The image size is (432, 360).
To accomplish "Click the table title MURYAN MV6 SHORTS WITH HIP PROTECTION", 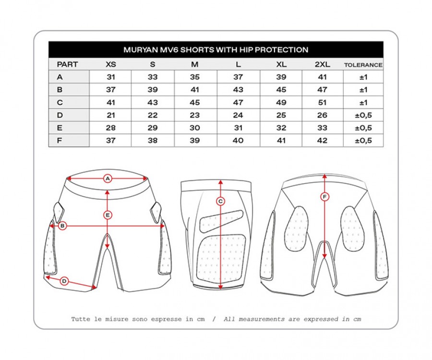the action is (216, 50).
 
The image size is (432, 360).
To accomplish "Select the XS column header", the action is (111, 64).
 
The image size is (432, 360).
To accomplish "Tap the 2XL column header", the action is (323, 64).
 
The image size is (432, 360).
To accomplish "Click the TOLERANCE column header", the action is (363, 65).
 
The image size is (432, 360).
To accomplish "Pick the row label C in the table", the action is (60, 102).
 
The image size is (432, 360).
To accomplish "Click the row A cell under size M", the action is (195, 77).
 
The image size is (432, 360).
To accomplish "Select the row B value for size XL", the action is (281, 90).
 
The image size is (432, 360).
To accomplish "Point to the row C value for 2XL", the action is (323, 102).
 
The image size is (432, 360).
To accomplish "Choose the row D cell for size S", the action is (153, 115).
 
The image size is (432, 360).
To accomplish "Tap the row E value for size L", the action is (238, 128).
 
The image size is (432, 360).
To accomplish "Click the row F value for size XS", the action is (111, 141).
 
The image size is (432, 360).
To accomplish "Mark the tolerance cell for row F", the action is (363, 141).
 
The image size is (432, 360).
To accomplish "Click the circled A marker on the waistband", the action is (108, 179).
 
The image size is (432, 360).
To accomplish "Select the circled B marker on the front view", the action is (62, 226).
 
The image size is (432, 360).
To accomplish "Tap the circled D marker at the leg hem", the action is (64, 281).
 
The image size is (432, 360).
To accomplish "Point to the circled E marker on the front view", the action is (108, 215).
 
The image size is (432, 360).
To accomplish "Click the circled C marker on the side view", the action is (220, 202).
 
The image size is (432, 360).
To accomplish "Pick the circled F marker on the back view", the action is (325, 197).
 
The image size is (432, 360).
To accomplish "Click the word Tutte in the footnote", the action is (81, 319).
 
